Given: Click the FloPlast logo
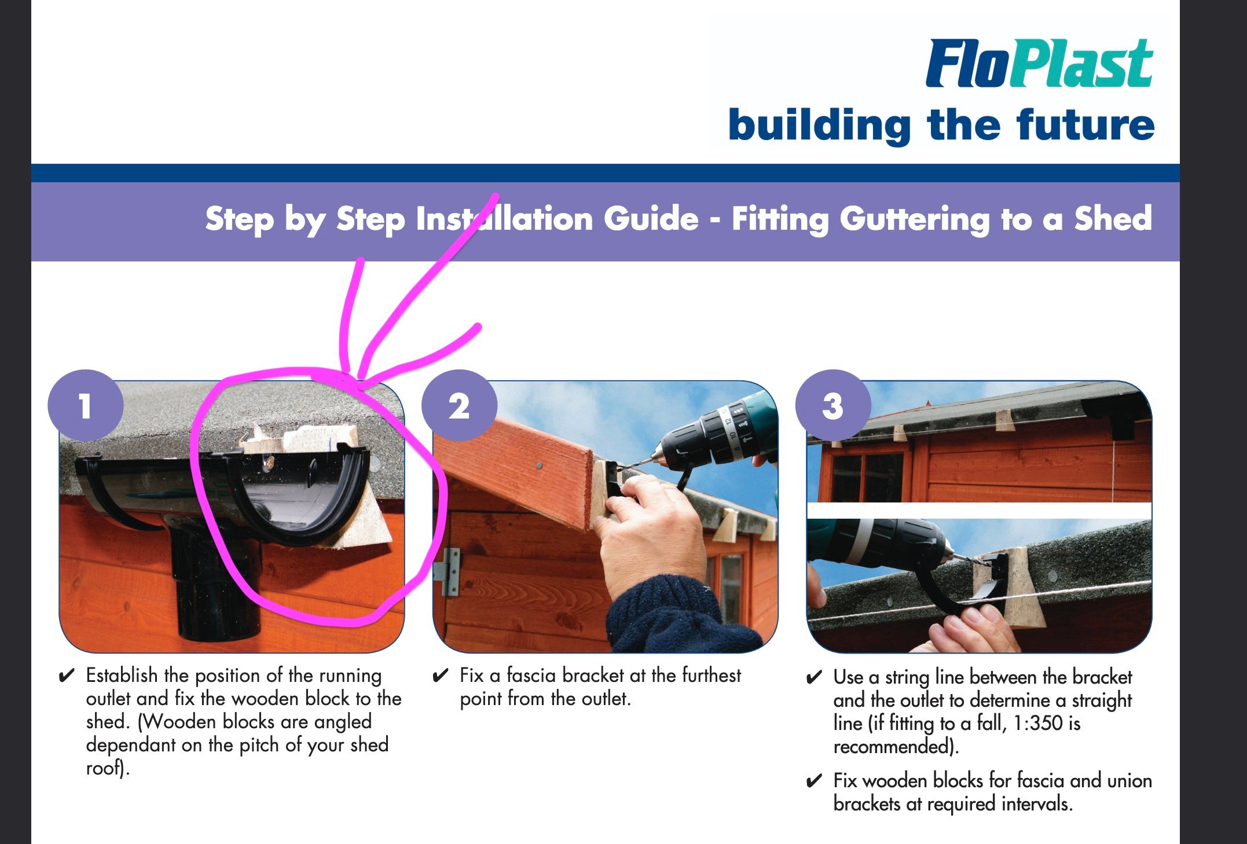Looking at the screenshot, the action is pyautogui.click(x=1039, y=64).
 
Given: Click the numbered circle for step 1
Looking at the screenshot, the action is pyautogui.click(x=86, y=405).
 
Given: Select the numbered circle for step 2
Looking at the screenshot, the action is pyautogui.click(x=459, y=405).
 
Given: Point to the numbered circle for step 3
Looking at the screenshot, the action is pyautogui.click(x=833, y=405).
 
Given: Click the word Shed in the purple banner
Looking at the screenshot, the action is pyautogui.click(x=1113, y=219).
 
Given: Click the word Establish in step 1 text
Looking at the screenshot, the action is pyautogui.click(x=122, y=675).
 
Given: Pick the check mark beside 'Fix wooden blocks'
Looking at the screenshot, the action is pyautogui.click(x=814, y=781).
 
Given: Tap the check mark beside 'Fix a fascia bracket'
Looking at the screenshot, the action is pyautogui.click(x=441, y=676).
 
